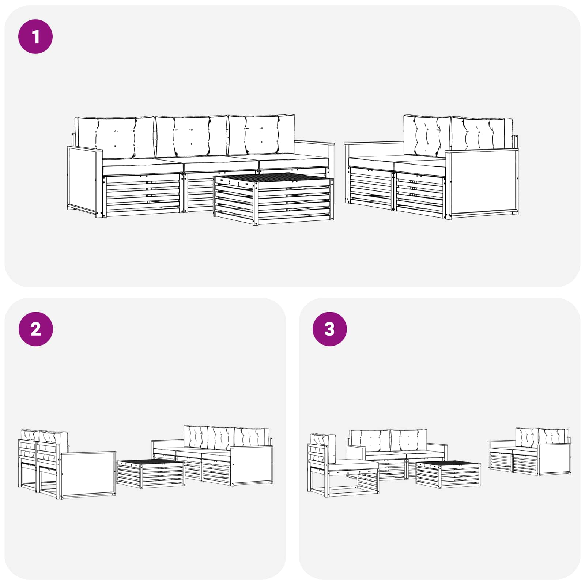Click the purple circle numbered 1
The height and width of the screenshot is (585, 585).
tap(35, 37)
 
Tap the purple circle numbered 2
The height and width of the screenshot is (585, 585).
tap(35, 329)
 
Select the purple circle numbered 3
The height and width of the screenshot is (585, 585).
tap(329, 329)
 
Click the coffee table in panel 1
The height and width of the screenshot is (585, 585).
tap(273, 199)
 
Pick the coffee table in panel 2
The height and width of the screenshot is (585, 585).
tap(151, 474)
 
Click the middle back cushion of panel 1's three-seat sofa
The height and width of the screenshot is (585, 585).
tap(191, 136)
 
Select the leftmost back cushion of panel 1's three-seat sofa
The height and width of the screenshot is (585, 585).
tap(115, 138)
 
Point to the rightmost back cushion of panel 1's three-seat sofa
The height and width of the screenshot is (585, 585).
tap(261, 134)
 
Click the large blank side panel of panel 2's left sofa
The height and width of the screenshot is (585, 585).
tap(88, 475)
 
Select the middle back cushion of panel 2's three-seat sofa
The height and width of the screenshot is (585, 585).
tap(221, 438)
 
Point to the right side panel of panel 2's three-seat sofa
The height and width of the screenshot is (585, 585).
tap(252, 465)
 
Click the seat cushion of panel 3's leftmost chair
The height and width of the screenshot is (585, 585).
tap(354, 465)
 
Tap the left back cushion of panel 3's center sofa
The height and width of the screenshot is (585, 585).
tap(370, 441)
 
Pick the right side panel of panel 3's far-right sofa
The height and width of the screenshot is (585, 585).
tap(554, 458)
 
